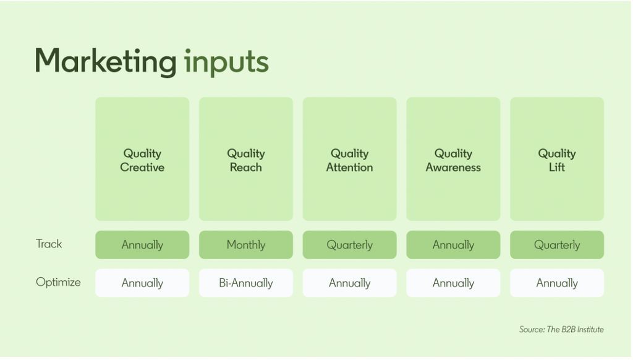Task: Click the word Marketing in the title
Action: pyautogui.click(x=106, y=61)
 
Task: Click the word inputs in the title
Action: pyautogui.click(x=226, y=61)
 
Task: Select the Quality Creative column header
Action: pyautogui.click(x=142, y=160)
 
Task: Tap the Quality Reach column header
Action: pyautogui.click(x=246, y=160)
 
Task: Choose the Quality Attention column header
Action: pyautogui.click(x=349, y=160)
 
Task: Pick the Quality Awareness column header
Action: pyautogui.click(x=453, y=160)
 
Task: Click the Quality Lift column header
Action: pyautogui.click(x=557, y=160)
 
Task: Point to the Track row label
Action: pyautogui.click(x=49, y=244)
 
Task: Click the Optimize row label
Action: pyautogui.click(x=58, y=282)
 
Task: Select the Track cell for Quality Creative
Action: pyautogui.click(x=142, y=245)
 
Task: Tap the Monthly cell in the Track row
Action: pyautogui.click(x=246, y=245)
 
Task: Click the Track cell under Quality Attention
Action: pyautogui.click(x=349, y=245)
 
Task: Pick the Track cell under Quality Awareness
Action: pyautogui.click(x=453, y=245)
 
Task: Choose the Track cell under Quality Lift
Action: pyautogui.click(x=557, y=245)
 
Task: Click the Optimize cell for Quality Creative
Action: pyautogui.click(x=142, y=283)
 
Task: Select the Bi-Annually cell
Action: pyautogui.click(x=246, y=283)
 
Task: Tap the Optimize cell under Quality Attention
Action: pyautogui.click(x=349, y=283)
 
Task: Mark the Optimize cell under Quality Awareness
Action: pyautogui.click(x=453, y=283)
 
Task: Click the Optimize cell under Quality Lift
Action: pyautogui.click(x=557, y=283)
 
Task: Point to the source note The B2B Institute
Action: pyautogui.click(x=561, y=330)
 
